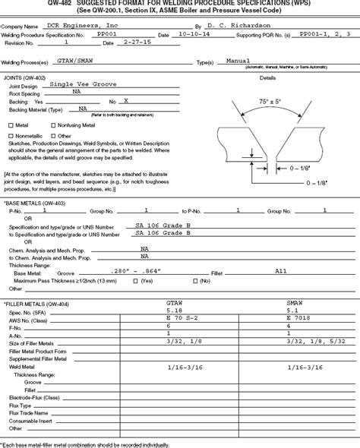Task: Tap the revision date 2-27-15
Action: (x=138, y=44)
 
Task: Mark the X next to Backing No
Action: (x=126, y=100)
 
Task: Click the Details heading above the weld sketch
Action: (x=268, y=77)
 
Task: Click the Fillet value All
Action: (x=281, y=270)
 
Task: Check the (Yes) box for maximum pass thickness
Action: (x=135, y=280)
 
